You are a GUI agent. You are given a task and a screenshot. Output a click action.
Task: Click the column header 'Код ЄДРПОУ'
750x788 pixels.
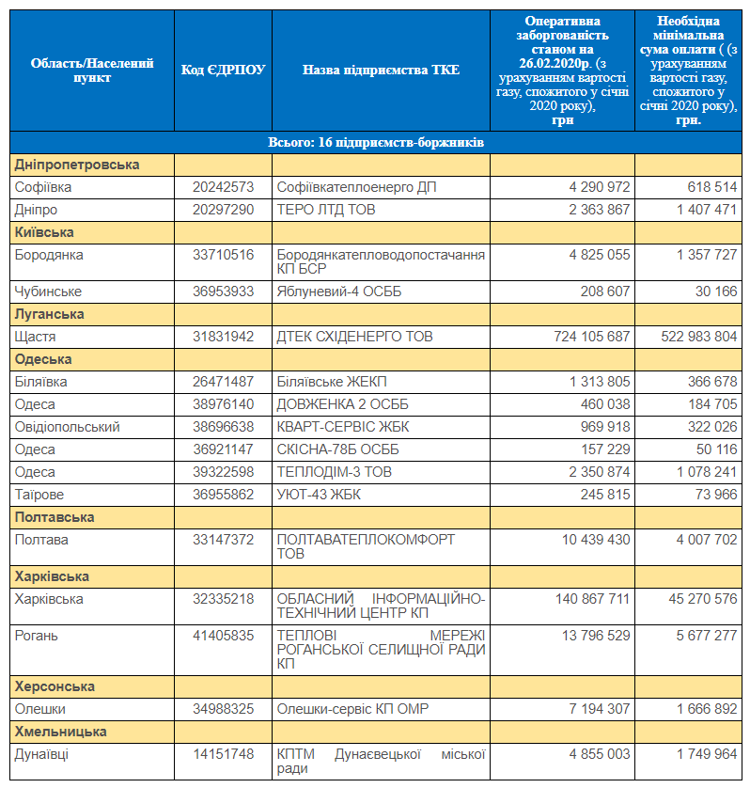pyautogui.click(x=223, y=70)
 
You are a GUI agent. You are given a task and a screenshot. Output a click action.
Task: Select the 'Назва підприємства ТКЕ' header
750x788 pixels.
pyautogui.click(x=381, y=70)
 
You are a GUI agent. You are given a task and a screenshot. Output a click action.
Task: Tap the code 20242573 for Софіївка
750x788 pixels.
pyautogui.click(x=223, y=187)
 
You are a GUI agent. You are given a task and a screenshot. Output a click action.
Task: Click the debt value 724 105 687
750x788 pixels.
pyautogui.click(x=592, y=337)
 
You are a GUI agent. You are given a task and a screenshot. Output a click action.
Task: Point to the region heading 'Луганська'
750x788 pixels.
pyautogui.click(x=49, y=314)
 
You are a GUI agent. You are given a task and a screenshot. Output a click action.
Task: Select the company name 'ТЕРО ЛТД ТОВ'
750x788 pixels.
pyautogui.click(x=326, y=210)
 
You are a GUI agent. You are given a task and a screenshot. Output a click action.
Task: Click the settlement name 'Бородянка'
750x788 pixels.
pyautogui.click(x=49, y=255)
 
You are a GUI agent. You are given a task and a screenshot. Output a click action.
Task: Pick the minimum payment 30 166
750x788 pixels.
pyautogui.click(x=716, y=291)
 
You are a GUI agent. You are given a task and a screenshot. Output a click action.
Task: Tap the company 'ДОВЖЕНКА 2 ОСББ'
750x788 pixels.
pyautogui.click(x=343, y=404)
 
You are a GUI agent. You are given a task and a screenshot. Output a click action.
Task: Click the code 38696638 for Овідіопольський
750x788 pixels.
pyautogui.click(x=223, y=427)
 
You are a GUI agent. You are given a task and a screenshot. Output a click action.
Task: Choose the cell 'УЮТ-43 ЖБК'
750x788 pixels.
pyautogui.click(x=319, y=495)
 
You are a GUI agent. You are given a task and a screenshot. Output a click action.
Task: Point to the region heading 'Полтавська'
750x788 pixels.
pyautogui.click(x=55, y=517)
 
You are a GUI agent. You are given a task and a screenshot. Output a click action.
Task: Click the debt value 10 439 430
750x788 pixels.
pyautogui.click(x=596, y=539)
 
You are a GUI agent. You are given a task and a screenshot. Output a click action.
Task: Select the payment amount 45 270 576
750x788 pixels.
pyautogui.click(x=703, y=599)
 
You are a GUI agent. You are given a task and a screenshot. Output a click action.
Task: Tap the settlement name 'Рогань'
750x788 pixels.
pyautogui.click(x=36, y=636)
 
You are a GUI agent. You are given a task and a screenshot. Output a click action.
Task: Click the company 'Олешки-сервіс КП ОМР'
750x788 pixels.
pyautogui.click(x=352, y=709)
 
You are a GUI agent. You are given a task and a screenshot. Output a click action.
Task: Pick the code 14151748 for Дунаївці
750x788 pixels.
pyautogui.click(x=223, y=754)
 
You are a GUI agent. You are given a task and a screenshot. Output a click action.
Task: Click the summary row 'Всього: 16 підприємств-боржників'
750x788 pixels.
pyautogui.click(x=376, y=142)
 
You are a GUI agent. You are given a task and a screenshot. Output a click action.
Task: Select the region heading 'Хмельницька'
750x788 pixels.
pyautogui.click(x=60, y=732)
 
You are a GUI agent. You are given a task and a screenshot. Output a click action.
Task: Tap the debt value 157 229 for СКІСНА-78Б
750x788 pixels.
pyautogui.click(x=605, y=449)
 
